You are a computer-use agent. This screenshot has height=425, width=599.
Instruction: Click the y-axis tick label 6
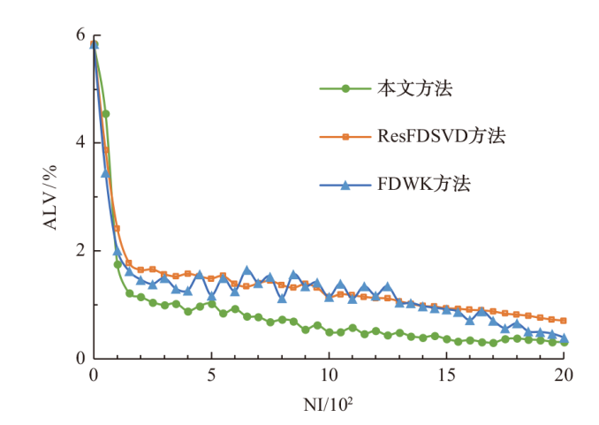tap(80, 34)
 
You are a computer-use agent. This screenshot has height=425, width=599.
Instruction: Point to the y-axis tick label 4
tap(80, 142)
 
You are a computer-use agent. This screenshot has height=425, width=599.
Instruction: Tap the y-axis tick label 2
tap(80, 250)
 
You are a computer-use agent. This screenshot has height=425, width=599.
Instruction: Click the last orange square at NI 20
tap(564, 320)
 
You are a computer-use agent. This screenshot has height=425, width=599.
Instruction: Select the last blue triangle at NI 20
tap(564, 338)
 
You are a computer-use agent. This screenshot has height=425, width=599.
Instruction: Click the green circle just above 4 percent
tap(106, 114)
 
